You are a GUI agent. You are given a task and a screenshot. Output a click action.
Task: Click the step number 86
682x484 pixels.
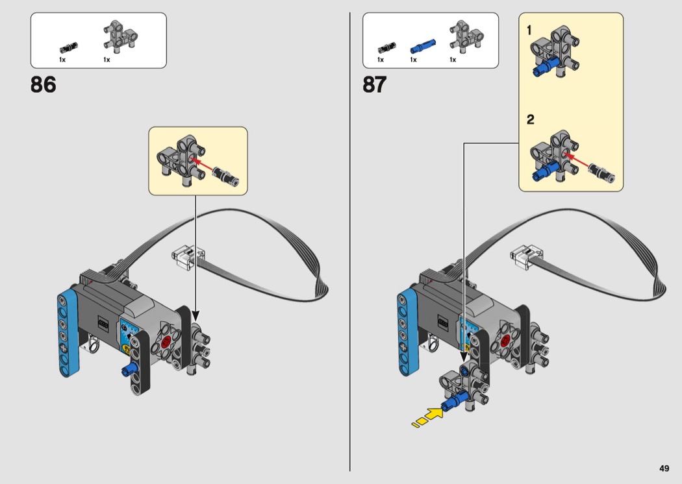point(43,85)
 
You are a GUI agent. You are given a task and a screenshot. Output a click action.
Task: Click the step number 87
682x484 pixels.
point(375,85)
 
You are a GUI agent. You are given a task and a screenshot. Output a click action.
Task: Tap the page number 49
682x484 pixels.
point(663,468)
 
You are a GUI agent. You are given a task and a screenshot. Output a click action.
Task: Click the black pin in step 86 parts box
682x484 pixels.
point(68,47)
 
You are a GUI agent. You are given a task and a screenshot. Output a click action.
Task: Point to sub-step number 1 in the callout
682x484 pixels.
point(529,30)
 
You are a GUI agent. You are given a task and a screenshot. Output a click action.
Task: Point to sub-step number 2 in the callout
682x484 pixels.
point(530,119)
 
